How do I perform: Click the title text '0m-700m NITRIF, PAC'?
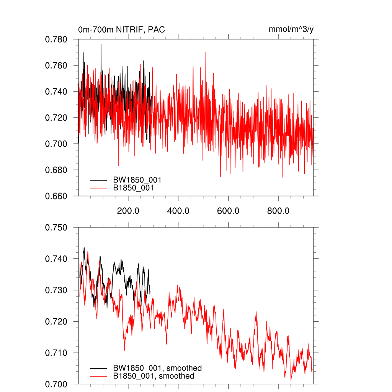coord(121,30)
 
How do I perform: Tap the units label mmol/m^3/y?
coord(291,29)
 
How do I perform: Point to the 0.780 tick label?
coord(56,39)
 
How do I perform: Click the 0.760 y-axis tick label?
coord(56,65)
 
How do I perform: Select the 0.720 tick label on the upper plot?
coord(56,118)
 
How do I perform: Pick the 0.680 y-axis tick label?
coord(56,170)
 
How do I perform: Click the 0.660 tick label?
coord(56,196)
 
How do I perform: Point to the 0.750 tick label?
coord(56,228)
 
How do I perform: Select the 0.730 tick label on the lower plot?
coord(56,290)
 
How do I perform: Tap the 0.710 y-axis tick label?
coord(56,353)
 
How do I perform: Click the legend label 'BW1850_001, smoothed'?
coord(157,368)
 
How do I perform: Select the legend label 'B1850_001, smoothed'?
coord(154,376)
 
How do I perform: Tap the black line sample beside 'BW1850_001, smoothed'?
coord(98,368)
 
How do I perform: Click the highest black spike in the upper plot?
coord(101,44)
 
